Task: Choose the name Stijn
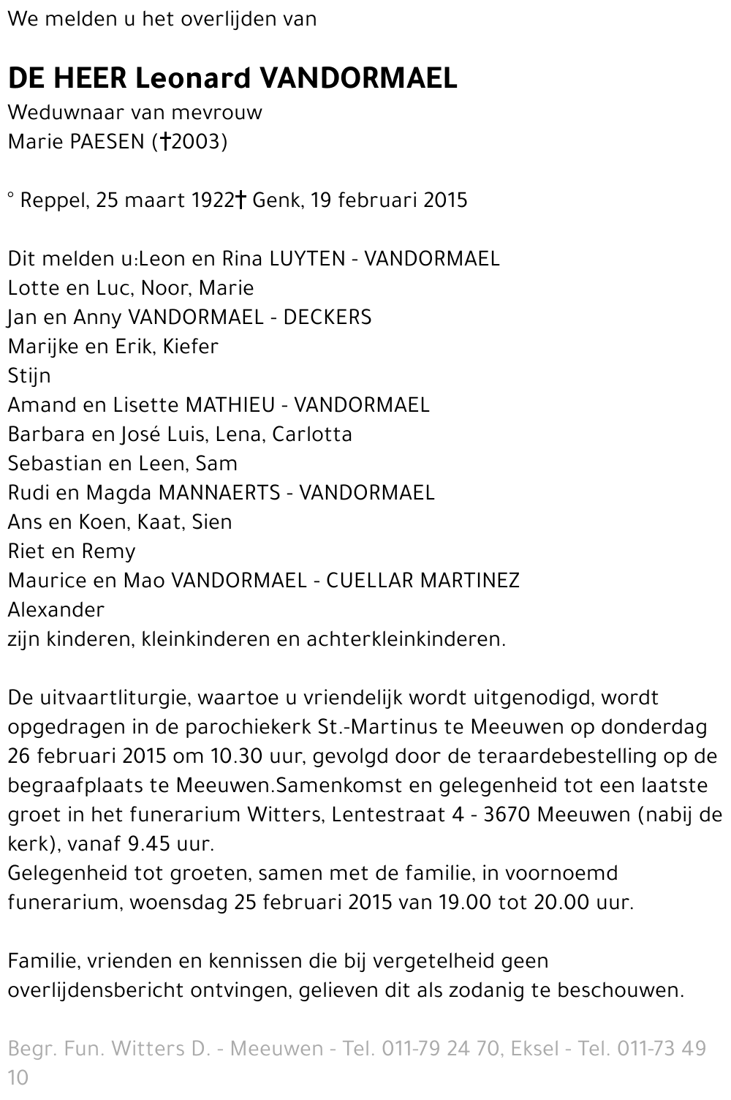click(x=29, y=376)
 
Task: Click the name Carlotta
click(x=312, y=434)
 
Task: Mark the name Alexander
click(x=56, y=610)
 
